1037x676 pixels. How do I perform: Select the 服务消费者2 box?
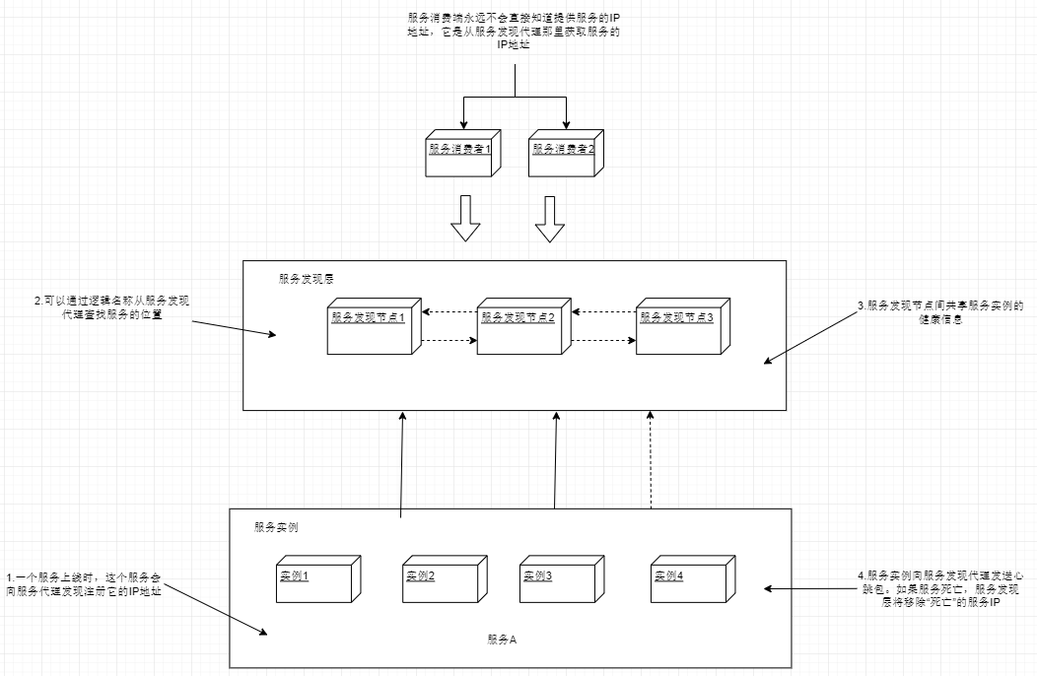coord(563,155)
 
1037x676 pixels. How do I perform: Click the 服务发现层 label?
coord(307,280)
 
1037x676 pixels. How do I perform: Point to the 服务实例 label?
coord(276,527)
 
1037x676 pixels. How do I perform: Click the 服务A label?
coord(502,640)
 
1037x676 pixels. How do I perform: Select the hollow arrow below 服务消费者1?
coord(464,219)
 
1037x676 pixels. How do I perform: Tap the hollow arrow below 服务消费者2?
coord(550,219)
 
